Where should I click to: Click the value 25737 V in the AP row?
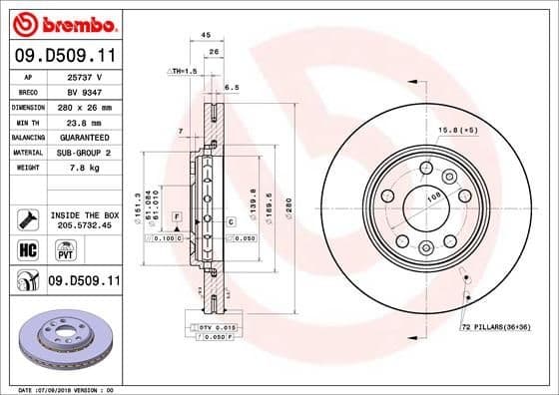coord(84,76)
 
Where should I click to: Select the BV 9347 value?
coord(84,91)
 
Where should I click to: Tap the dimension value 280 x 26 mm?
coord(84,106)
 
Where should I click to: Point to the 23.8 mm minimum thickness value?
coord(84,121)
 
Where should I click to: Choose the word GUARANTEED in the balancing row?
coord(84,136)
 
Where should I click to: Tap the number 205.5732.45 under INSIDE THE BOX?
coord(83,224)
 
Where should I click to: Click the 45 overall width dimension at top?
coord(206,35)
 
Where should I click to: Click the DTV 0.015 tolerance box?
coord(213,327)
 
